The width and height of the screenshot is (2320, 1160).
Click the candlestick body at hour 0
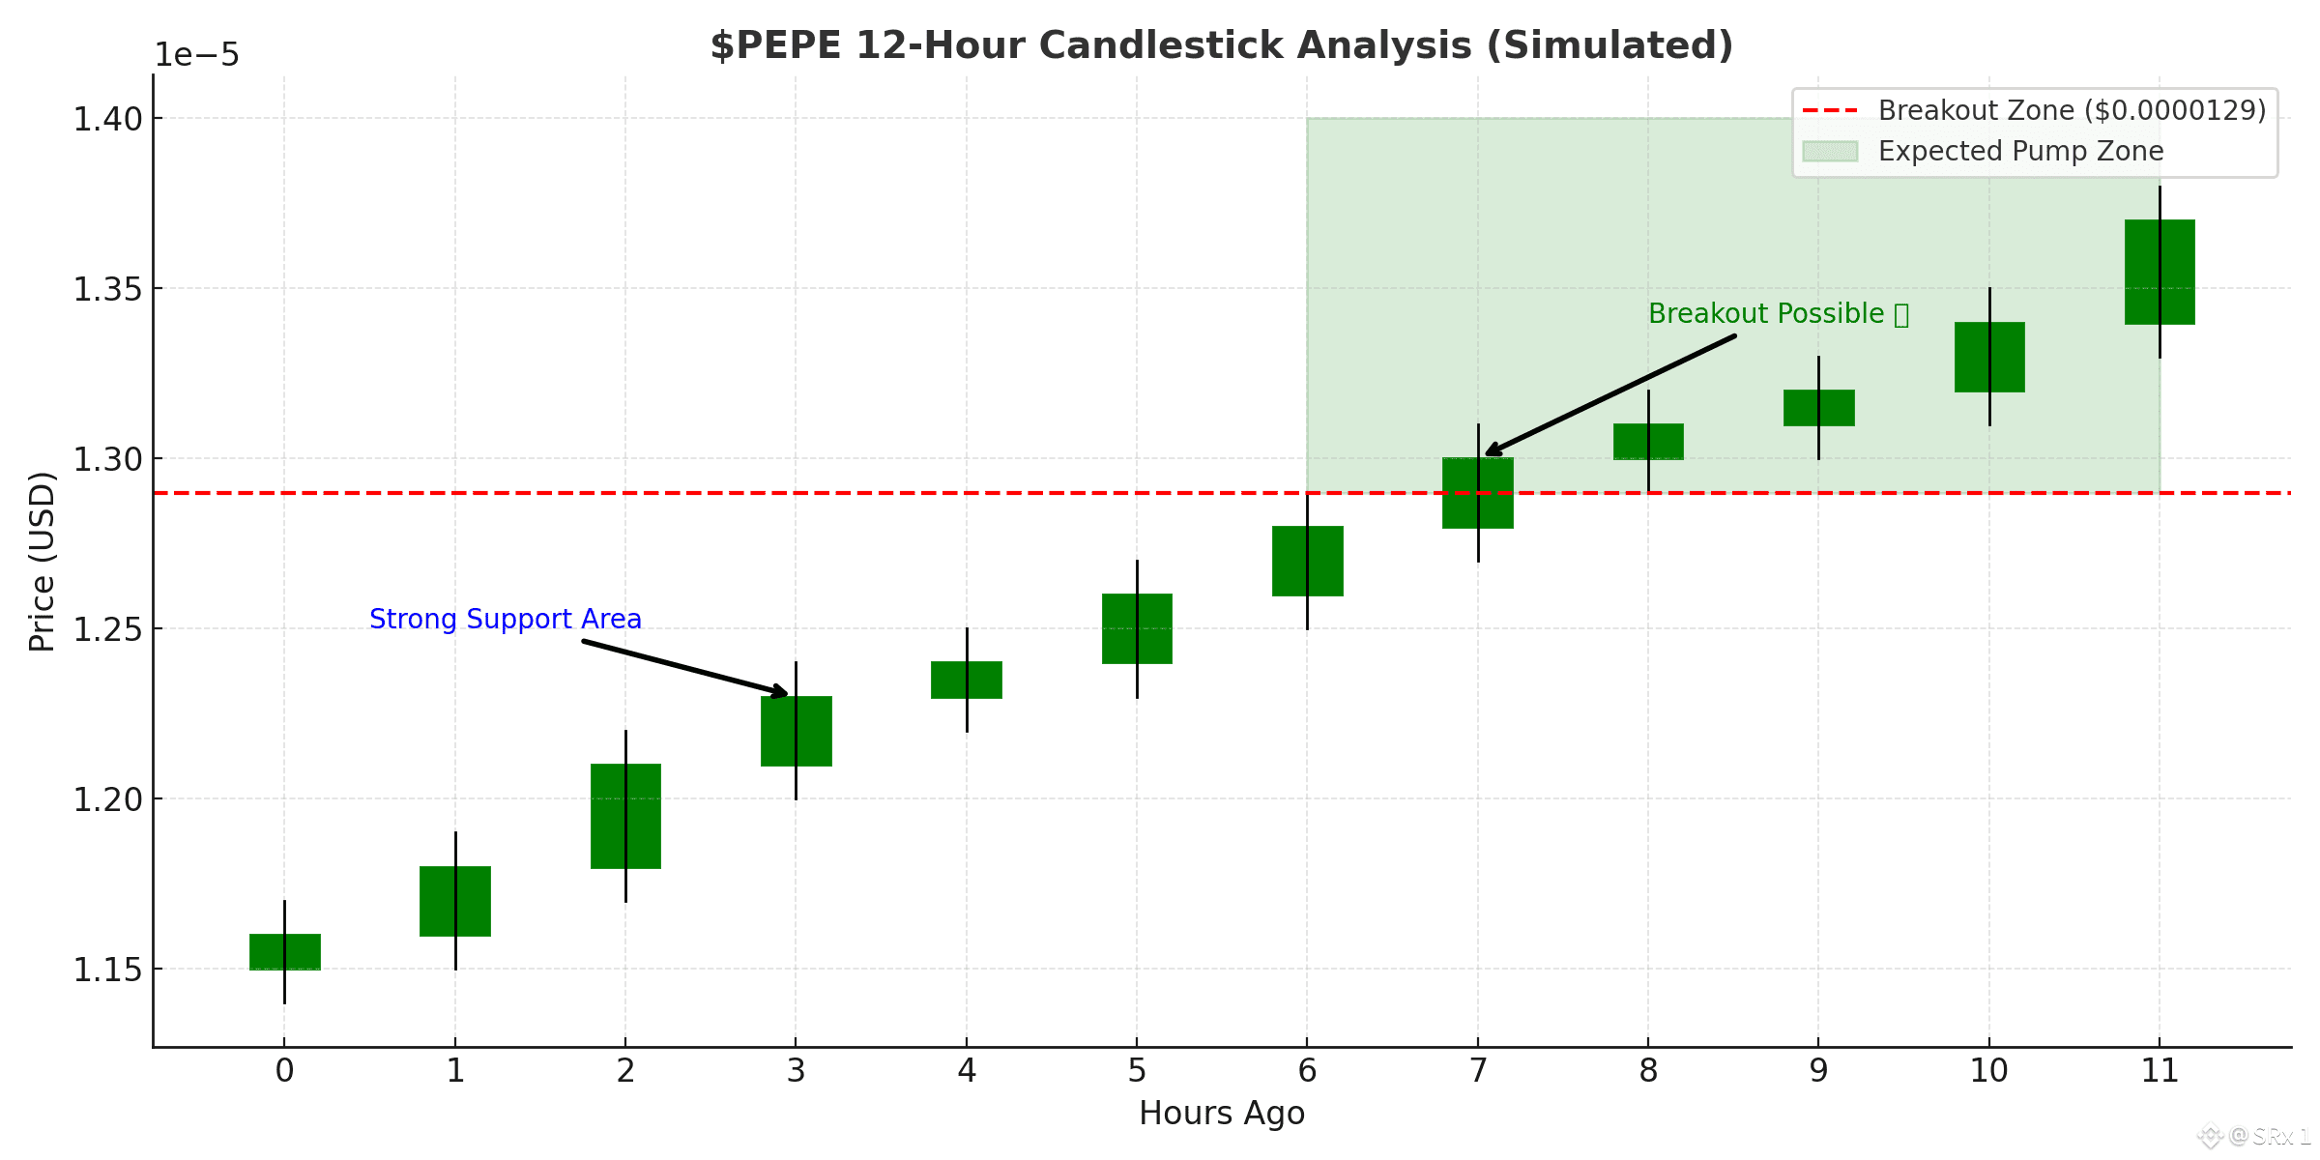(x=285, y=951)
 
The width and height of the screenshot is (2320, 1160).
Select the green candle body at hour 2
(x=625, y=816)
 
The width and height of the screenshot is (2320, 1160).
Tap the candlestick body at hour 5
(x=1137, y=628)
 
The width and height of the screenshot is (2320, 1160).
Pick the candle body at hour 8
(x=1648, y=442)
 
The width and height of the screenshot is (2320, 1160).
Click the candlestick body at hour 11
(x=2160, y=272)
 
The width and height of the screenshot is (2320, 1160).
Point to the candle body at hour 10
(x=1989, y=357)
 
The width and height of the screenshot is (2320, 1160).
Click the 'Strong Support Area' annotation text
(x=506, y=619)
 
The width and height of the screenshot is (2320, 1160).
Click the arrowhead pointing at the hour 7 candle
(x=1493, y=449)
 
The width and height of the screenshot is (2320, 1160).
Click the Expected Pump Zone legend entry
(x=2019, y=152)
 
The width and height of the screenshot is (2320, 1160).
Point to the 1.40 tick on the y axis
(x=107, y=119)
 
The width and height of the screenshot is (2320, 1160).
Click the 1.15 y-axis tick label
(x=107, y=970)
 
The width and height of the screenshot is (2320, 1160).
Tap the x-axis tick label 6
(x=1307, y=1071)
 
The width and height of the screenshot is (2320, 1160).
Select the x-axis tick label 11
(x=2160, y=1071)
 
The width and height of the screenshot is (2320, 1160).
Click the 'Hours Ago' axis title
(x=1222, y=1114)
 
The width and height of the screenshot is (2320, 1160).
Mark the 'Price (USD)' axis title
(x=42, y=561)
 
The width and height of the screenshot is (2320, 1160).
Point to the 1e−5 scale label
(x=197, y=55)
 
